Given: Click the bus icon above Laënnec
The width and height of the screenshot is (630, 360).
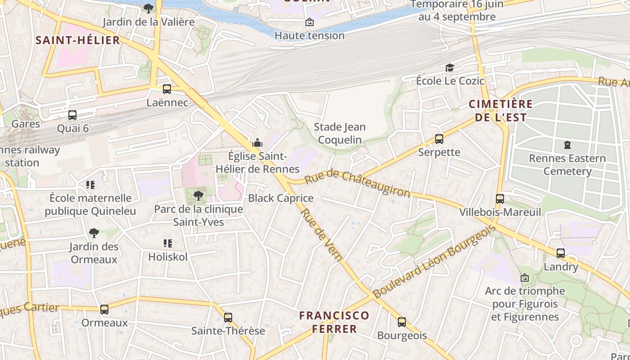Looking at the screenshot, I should (x=167, y=89).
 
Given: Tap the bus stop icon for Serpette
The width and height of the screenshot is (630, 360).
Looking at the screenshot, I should (x=439, y=139).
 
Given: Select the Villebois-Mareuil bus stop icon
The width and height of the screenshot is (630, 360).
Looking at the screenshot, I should (x=499, y=198).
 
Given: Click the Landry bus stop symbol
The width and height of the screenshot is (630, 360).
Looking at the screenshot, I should (x=560, y=253).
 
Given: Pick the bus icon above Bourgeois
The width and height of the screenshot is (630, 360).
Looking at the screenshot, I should (x=401, y=322).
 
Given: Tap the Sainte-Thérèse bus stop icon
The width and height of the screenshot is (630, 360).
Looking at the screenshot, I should (x=228, y=318).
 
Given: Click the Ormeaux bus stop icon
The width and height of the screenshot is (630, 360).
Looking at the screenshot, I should (x=104, y=310).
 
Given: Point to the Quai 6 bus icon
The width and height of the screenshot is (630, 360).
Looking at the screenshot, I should (x=72, y=115).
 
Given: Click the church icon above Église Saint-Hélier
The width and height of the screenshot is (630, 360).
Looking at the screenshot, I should (x=257, y=143).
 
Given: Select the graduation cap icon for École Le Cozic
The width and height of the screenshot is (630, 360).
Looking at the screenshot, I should (x=449, y=68).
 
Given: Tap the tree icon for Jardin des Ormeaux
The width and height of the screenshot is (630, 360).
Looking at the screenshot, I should (x=94, y=233).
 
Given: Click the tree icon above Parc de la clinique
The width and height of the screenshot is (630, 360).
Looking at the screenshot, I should (x=198, y=195).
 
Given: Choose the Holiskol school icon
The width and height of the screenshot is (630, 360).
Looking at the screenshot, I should (x=168, y=243).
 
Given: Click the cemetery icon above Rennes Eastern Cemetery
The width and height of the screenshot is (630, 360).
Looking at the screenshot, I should (x=567, y=145).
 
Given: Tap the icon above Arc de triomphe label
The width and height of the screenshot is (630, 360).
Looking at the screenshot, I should (x=524, y=278).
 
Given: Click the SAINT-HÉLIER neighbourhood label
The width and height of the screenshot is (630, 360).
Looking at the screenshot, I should (x=78, y=40).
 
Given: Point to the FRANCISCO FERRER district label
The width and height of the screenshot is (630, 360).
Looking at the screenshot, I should (x=334, y=322).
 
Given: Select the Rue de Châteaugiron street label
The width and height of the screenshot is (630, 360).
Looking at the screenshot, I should (x=358, y=184).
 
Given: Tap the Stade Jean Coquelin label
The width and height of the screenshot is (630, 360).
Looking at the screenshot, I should (x=340, y=133).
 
